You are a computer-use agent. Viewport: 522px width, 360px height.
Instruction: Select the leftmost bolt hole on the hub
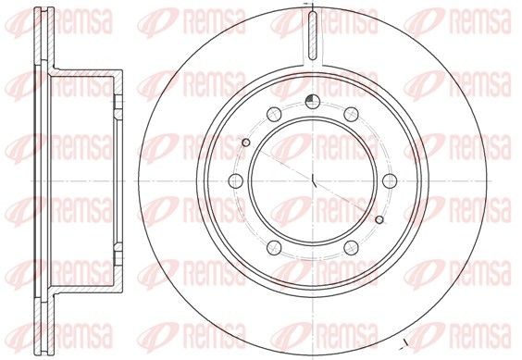[235, 180]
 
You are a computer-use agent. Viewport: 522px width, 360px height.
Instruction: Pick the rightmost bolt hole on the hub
[390, 180]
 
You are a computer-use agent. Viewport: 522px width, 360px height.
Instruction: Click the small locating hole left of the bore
[246, 143]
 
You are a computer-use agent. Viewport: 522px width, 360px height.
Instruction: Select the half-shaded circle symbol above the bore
[312, 102]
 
